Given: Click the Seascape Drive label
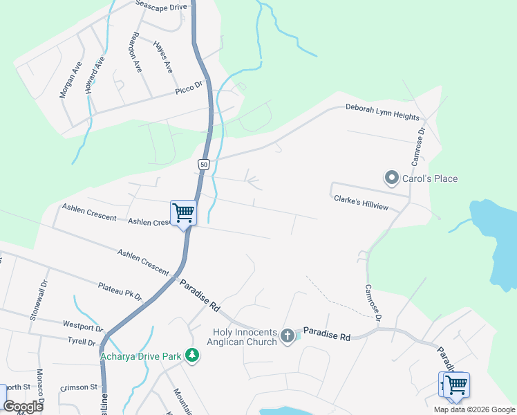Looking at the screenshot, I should (162, 6).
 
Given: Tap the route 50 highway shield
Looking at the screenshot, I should (203, 164).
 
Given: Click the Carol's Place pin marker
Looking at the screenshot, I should (392, 178).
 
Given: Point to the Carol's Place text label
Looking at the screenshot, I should (429, 179).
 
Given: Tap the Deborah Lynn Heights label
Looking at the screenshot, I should (383, 113).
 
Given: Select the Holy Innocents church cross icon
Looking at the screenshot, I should (288, 336).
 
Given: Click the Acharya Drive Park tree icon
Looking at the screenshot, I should (192, 356).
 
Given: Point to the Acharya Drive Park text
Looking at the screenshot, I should (140, 357).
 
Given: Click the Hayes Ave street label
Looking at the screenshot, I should (162, 57).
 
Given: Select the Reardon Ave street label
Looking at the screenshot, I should (136, 53).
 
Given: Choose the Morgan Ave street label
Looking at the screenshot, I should (71, 80).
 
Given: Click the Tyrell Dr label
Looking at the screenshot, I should (82, 342).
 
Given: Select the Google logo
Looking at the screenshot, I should (23, 407).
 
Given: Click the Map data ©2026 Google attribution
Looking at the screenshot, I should (473, 409).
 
